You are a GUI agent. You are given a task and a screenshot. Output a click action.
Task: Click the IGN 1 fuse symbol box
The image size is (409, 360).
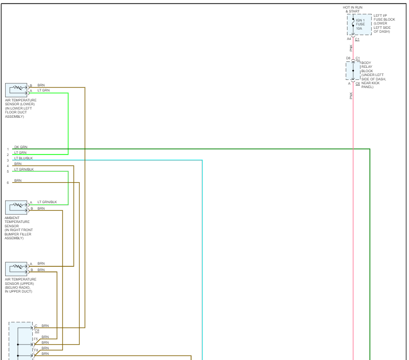tap(359, 24)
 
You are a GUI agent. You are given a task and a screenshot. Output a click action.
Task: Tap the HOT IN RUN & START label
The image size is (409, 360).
tap(352, 9)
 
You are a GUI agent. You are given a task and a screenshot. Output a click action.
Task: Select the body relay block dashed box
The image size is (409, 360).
tap(353, 71)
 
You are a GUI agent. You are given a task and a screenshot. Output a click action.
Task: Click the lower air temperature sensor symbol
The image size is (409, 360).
tap(16, 90)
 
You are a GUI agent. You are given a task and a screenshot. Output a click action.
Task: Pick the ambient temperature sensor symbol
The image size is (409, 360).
tap(16, 207)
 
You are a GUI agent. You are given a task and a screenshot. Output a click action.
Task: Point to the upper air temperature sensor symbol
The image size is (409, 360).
tap(16, 268)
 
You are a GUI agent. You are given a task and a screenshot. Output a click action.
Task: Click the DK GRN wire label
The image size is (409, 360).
tap(21, 147)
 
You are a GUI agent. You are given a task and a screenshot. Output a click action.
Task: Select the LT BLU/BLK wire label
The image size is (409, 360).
tap(23, 158)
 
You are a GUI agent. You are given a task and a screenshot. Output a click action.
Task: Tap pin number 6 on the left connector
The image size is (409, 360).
tap(8, 183)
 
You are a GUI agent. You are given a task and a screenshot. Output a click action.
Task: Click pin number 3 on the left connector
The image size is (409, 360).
tap(8, 161)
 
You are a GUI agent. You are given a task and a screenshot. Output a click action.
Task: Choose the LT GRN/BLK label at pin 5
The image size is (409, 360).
tap(24, 169)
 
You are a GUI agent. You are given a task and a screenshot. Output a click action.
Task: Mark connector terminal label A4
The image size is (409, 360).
tap(349, 39)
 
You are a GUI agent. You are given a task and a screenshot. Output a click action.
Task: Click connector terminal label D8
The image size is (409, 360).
tap(348, 58)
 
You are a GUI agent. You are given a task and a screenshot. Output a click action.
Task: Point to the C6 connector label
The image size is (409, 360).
tap(357, 83)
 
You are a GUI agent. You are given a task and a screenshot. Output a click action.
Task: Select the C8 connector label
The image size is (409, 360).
tap(37, 331)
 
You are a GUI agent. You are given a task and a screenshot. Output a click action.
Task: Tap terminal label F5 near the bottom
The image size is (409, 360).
tap(36, 339)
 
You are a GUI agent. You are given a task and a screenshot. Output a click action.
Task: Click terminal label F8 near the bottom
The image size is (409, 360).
tap(36, 351)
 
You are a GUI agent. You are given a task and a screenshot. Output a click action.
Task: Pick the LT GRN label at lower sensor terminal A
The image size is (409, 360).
tap(43, 90)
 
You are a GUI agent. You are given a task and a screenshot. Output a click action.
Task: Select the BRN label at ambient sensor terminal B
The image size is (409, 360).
tap(41, 208)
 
